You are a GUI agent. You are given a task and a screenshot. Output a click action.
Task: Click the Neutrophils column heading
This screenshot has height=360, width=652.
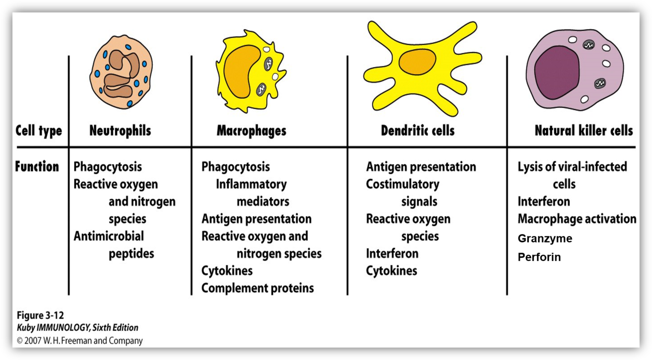120,131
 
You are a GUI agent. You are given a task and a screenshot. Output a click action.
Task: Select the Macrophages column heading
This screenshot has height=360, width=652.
251,131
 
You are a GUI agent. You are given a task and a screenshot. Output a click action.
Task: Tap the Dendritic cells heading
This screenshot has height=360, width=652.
417,131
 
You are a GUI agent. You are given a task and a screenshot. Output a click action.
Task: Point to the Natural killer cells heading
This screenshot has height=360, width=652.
584,131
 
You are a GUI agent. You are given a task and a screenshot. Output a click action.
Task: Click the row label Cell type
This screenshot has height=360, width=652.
39,131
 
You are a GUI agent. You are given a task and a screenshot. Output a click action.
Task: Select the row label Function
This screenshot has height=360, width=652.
37,167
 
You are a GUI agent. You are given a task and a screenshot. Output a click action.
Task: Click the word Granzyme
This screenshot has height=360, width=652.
544,239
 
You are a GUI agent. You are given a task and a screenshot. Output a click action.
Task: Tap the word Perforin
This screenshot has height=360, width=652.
539,257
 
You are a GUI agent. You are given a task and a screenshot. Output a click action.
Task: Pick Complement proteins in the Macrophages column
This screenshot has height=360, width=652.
258,288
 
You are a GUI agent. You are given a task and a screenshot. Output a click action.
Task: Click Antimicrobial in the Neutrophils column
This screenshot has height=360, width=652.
109,236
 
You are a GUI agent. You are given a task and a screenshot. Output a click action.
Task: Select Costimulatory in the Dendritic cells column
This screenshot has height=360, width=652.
402,184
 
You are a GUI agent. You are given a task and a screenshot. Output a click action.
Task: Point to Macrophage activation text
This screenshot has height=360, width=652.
577,219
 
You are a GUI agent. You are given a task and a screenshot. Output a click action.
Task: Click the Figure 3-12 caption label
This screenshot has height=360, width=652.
40,315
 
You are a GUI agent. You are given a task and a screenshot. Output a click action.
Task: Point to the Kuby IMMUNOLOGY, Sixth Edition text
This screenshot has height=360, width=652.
77,328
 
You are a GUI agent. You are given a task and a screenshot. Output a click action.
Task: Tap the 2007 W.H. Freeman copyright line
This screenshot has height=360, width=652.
80,340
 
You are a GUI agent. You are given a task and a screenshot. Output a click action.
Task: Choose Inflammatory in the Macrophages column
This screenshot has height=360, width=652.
251,184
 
